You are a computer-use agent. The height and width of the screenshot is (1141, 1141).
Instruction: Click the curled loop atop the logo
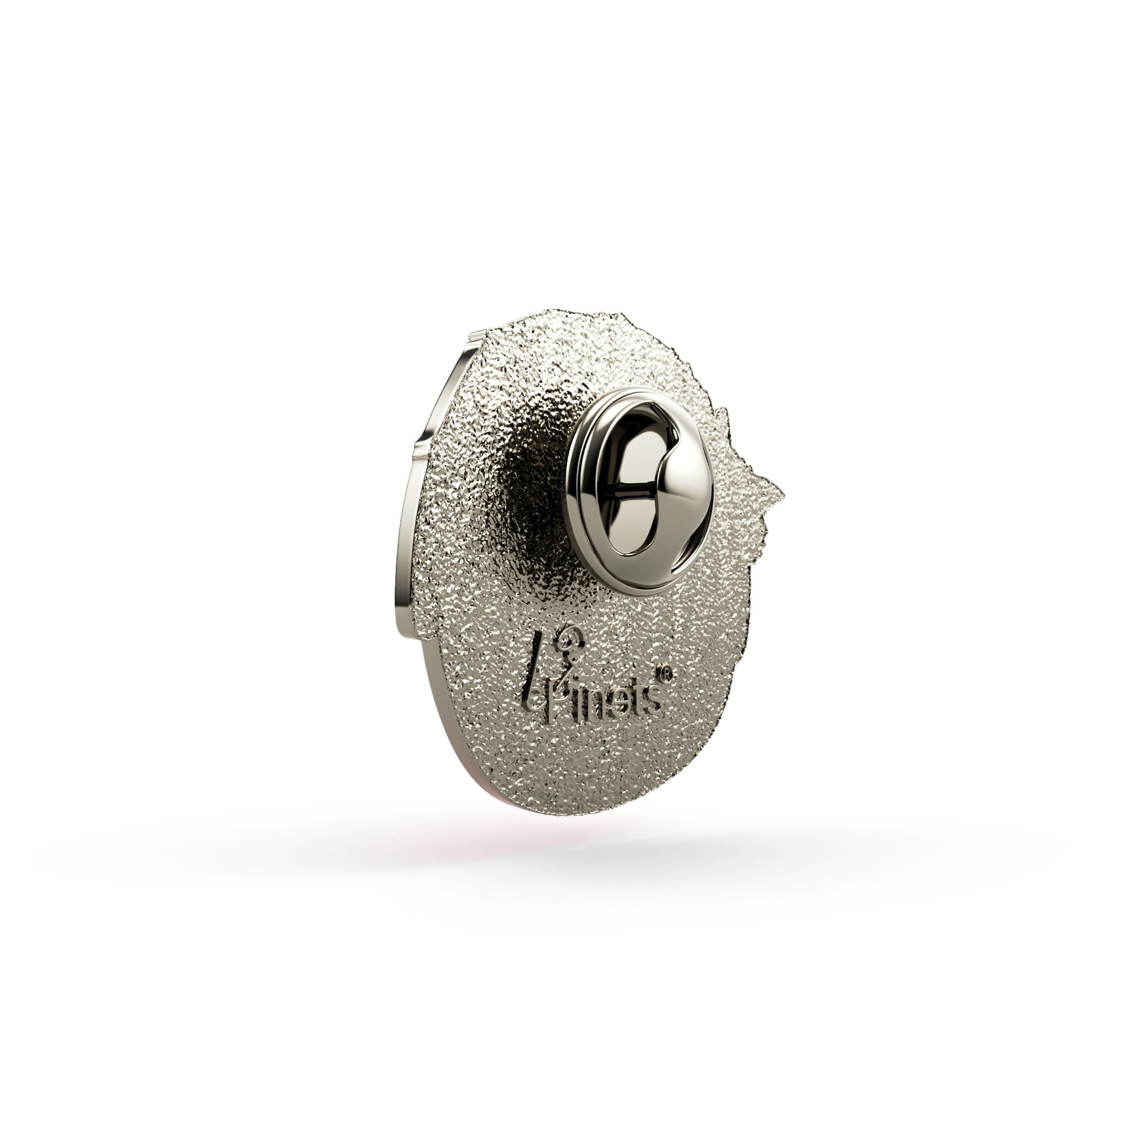[x=569, y=640]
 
